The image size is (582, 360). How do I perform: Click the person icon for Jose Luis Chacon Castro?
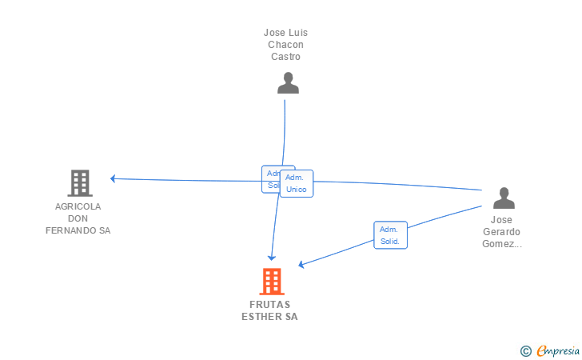pos(288,83)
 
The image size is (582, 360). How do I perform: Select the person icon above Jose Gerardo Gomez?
pos(504,198)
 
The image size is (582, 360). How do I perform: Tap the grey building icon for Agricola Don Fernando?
pos(79,183)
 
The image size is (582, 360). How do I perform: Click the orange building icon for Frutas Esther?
pos(272,282)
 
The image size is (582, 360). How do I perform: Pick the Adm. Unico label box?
pos(297,183)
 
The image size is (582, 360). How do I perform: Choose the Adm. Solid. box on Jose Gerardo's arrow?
pos(390,235)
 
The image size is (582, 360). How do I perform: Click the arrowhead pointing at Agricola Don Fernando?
pos(114,178)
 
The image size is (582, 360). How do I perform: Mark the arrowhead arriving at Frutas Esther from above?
pos(272,257)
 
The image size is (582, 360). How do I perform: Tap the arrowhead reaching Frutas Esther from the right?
pos(301,264)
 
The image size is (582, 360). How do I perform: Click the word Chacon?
pos(286,45)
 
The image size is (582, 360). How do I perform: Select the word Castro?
pos(285,57)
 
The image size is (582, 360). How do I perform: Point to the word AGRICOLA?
pos(78,206)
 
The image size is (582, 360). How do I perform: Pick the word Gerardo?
pos(501,232)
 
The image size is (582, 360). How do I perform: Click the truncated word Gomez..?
pos(501,244)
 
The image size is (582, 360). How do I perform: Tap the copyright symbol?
pos(525,350)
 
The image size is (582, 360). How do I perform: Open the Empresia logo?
pos(558,350)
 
